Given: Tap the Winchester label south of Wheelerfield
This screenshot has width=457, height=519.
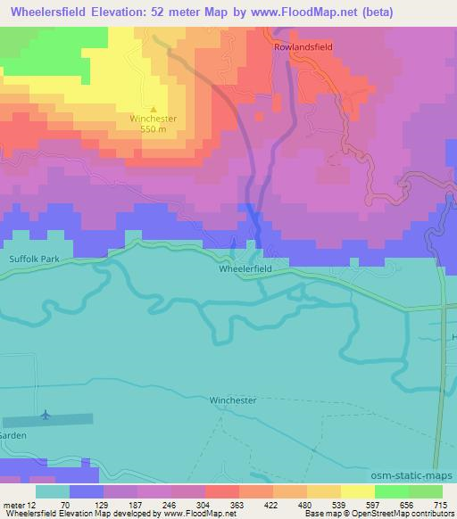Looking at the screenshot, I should [x=232, y=400].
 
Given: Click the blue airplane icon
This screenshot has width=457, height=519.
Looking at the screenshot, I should [x=46, y=415].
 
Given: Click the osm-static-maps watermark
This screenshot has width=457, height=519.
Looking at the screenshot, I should [x=420, y=474].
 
